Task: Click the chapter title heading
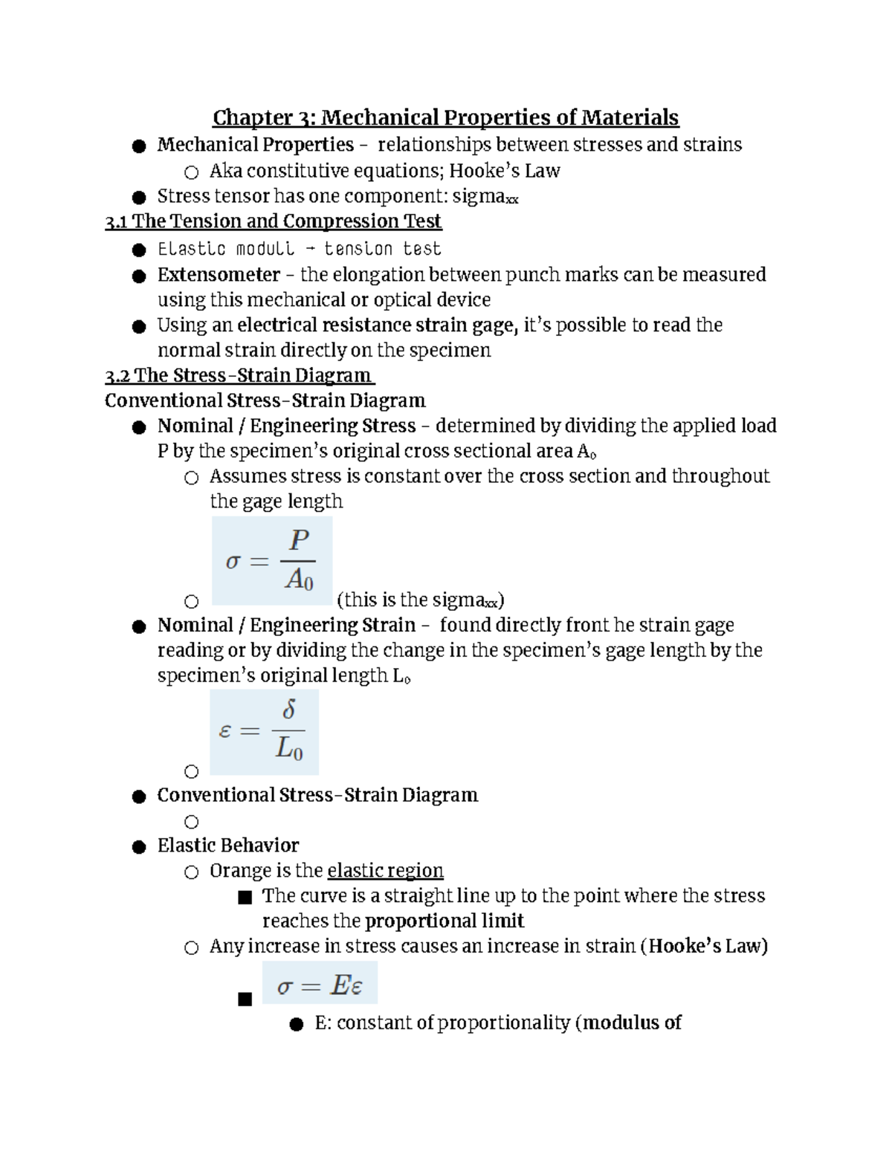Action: pyautogui.click(x=445, y=117)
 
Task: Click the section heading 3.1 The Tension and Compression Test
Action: pyautogui.click(x=274, y=221)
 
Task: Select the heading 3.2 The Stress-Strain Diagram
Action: pyautogui.click(x=239, y=375)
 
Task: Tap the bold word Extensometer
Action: pyautogui.click(x=219, y=275)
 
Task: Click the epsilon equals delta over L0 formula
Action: pyautogui.click(x=264, y=732)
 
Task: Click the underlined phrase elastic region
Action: pyautogui.click(x=385, y=871)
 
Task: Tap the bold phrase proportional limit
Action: pyautogui.click(x=445, y=921)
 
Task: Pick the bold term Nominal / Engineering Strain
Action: pyautogui.click(x=286, y=626)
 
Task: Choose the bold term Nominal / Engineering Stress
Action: pyautogui.click(x=286, y=426)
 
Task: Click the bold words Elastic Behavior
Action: pyautogui.click(x=227, y=846)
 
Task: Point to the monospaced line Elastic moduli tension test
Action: pyautogui.click(x=299, y=249)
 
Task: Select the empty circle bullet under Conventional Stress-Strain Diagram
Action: pyautogui.click(x=192, y=822)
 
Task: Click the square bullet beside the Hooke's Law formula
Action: pyautogui.click(x=245, y=999)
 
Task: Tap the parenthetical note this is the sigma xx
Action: pyautogui.click(x=421, y=600)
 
